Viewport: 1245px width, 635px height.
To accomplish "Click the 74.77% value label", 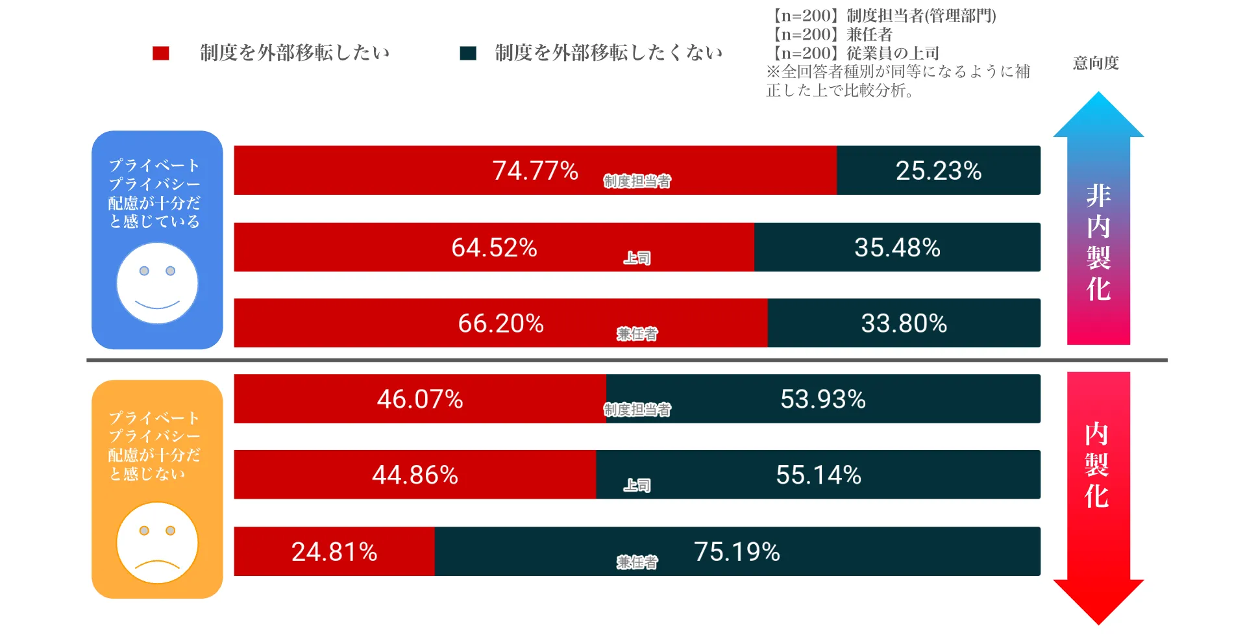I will click(x=535, y=171).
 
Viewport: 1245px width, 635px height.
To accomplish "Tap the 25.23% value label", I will click(x=938, y=171).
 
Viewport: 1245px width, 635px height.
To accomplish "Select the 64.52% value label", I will click(x=494, y=247).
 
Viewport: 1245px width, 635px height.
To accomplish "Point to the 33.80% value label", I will click(x=904, y=323).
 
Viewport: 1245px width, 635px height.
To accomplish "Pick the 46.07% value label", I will click(x=420, y=399).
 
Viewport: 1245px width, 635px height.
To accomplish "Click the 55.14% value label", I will click(x=819, y=475).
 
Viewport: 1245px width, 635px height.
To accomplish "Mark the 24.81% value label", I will click(x=334, y=552).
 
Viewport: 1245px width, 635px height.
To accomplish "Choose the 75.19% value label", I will click(x=737, y=552).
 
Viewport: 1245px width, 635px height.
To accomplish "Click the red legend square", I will click(x=160, y=53).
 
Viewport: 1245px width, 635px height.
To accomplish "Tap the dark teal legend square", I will click(x=467, y=53).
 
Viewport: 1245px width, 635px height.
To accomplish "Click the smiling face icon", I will click(x=157, y=284).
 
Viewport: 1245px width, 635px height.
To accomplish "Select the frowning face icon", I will click(x=157, y=543).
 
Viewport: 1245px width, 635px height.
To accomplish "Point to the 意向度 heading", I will click(x=1096, y=63).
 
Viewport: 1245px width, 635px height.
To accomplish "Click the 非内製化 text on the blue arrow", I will click(x=1098, y=242).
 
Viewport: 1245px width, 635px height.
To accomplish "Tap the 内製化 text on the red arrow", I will click(x=1097, y=465).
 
